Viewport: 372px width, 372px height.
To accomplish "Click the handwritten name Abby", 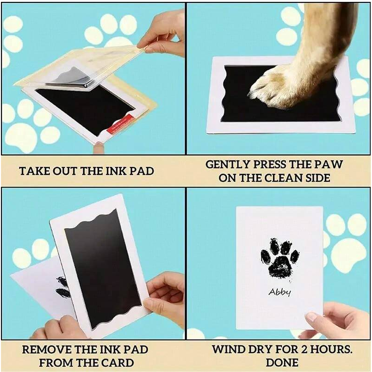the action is (x=280, y=292).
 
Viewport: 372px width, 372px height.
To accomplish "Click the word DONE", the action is (x=282, y=362).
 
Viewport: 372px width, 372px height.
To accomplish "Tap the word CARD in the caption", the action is (x=118, y=363).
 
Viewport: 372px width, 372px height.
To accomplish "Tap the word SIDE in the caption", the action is (x=318, y=178).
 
